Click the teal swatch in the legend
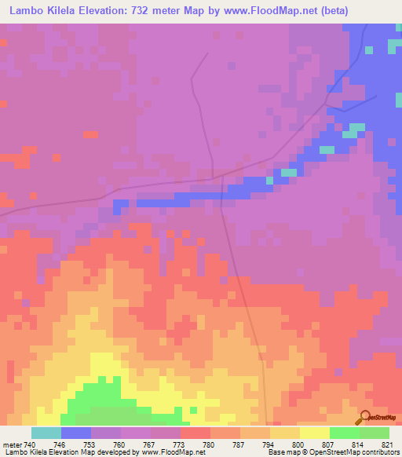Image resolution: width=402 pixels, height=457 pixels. coord(46,433)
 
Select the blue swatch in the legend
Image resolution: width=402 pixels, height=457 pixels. coord(76,433)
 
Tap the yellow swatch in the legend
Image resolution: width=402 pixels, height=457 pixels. coord(315,433)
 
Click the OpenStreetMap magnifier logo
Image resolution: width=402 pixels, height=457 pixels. coord(364,417)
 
